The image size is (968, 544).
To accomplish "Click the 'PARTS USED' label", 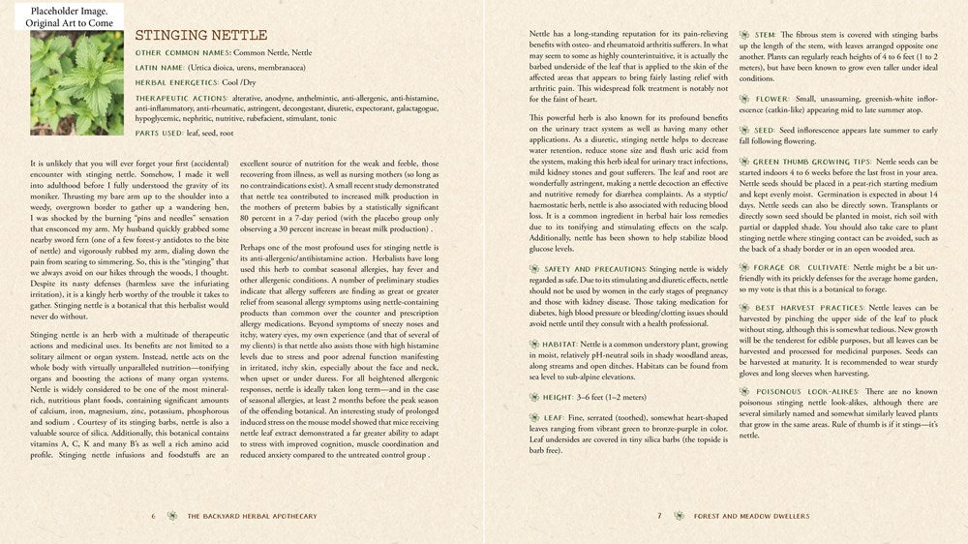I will pyautogui.click(x=161, y=132).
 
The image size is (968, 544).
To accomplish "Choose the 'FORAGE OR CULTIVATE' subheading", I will pyautogui.click(x=800, y=266).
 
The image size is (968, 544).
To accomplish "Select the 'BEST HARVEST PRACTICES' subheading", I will pyautogui.click(x=809, y=308).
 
